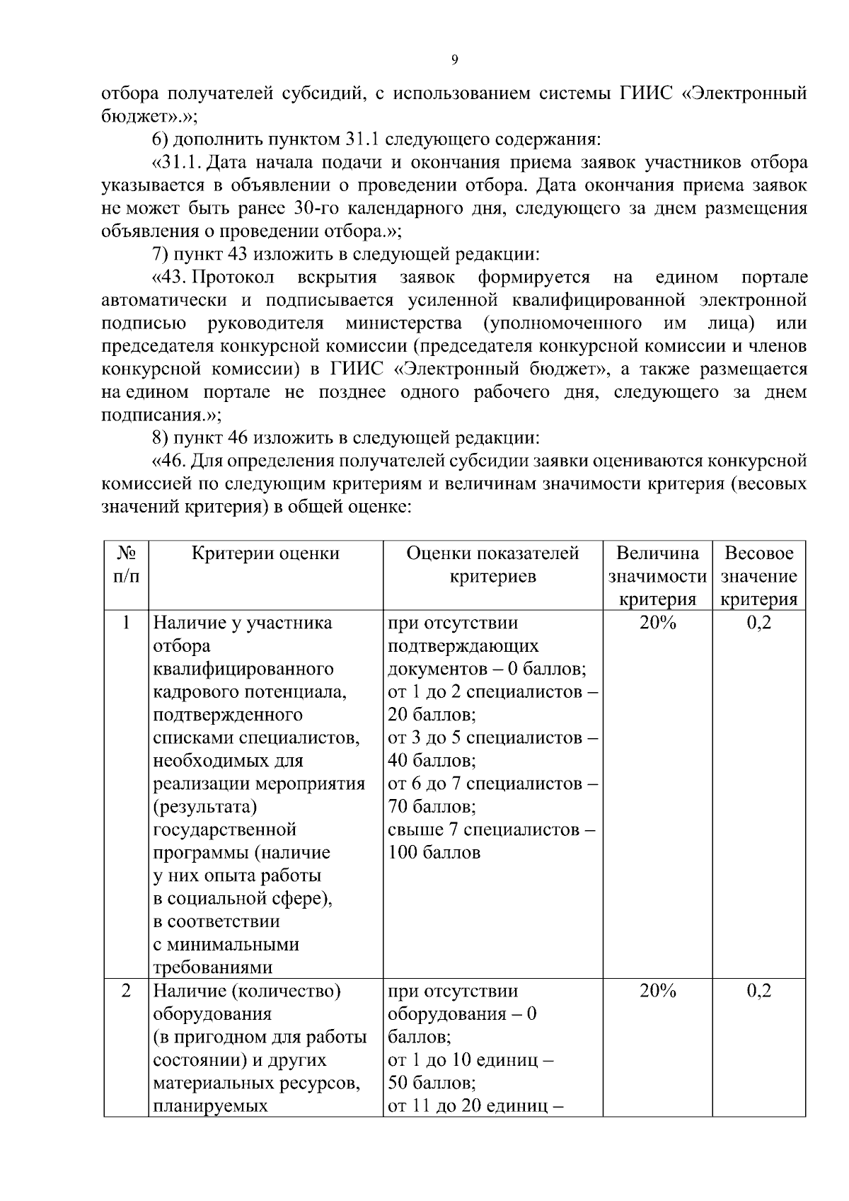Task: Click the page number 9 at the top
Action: [454, 59]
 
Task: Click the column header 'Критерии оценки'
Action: [265, 553]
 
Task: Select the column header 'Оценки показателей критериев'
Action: [492, 564]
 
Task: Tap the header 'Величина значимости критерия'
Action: [657, 575]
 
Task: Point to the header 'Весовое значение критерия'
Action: [758, 575]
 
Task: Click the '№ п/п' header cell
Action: [126, 564]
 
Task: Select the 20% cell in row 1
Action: [657, 623]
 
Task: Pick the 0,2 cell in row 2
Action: [758, 991]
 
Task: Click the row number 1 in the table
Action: [126, 623]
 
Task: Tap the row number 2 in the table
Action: [126, 991]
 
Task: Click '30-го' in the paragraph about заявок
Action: [313, 209]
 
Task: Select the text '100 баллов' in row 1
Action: [434, 852]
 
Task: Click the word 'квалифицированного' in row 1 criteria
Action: [243, 669]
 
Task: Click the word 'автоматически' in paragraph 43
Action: [164, 300]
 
